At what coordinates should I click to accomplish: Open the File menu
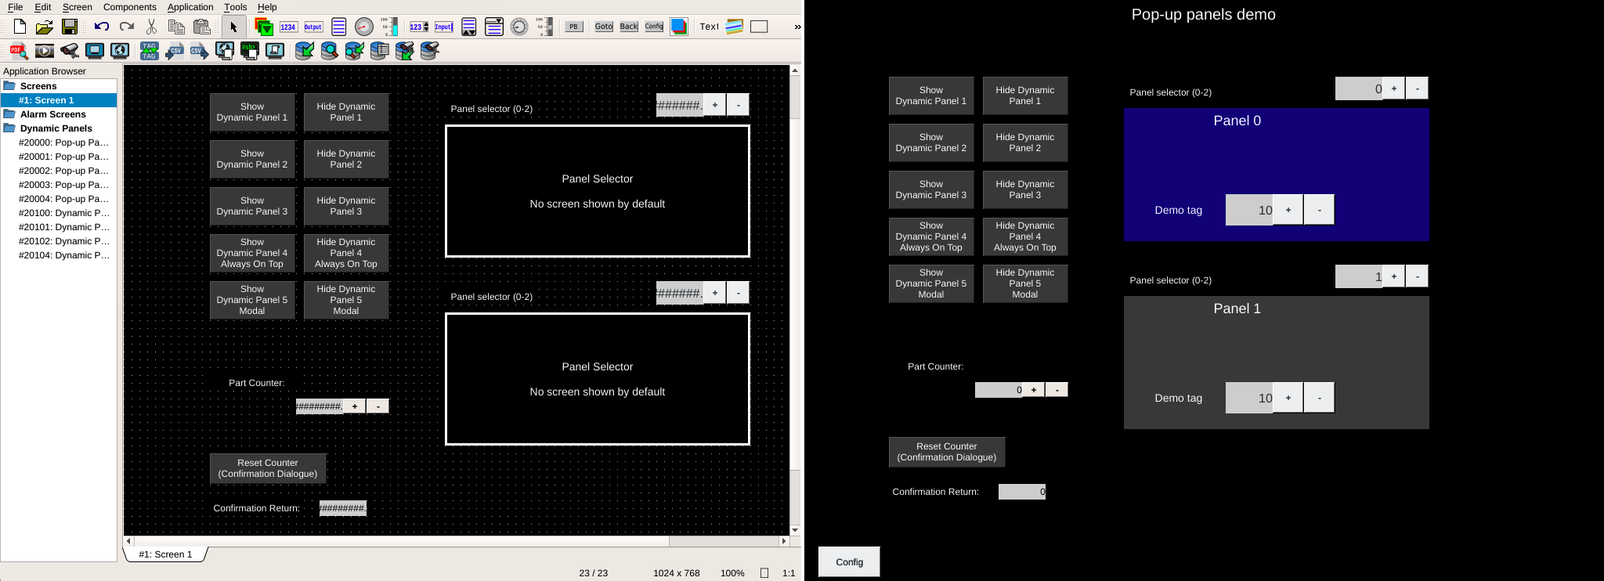pos(15,7)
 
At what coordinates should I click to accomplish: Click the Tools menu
pos(235,7)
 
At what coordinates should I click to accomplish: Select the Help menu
pos(267,7)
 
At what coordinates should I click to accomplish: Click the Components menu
pos(129,7)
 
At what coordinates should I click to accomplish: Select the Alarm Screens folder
pos(52,114)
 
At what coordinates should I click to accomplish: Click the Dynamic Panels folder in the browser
pos(56,128)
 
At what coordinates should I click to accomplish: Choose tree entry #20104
pos(63,255)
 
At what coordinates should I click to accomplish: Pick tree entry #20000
pos(63,143)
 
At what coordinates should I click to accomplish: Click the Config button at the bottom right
pos(849,561)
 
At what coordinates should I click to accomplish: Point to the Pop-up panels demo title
pos(1203,15)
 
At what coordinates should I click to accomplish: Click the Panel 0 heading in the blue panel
pos(1237,121)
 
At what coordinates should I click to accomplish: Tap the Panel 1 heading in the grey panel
pos(1237,309)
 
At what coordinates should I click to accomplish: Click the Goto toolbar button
pos(604,27)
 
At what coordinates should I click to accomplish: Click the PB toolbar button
pos(573,27)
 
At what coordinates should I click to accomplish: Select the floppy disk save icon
pos(70,27)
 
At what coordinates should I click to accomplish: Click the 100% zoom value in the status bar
pos(732,573)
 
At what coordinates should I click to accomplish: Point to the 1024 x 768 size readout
pos(676,573)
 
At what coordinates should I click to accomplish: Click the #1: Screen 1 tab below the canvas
pos(165,554)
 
